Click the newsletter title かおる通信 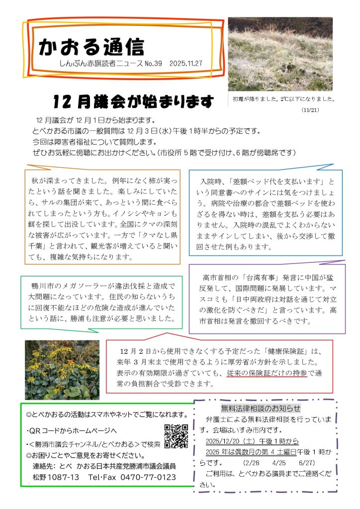coord(91,47)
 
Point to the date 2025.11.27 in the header coord(185,64)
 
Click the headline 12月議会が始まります coord(133,102)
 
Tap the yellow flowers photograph coord(55,370)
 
